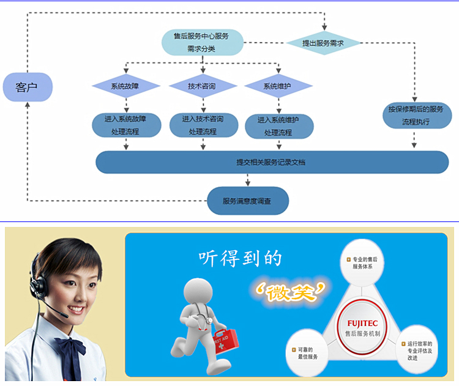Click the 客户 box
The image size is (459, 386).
coord(27,87)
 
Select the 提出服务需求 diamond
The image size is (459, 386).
coord(323,43)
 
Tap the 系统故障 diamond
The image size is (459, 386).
coord(125,86)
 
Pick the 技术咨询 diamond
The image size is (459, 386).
coord(202,86)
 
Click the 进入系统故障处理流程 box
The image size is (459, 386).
coord(125,125)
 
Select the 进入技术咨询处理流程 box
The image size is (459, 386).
coord(202,125)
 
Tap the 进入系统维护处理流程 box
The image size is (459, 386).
coord(279,126)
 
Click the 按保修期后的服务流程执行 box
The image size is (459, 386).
coord(415,115)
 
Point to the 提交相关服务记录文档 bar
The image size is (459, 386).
coord(272,162)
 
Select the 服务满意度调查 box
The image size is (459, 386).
coord(247,201)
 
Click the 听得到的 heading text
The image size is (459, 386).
coord(240,258)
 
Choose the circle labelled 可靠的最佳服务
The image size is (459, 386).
coord(304,353)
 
